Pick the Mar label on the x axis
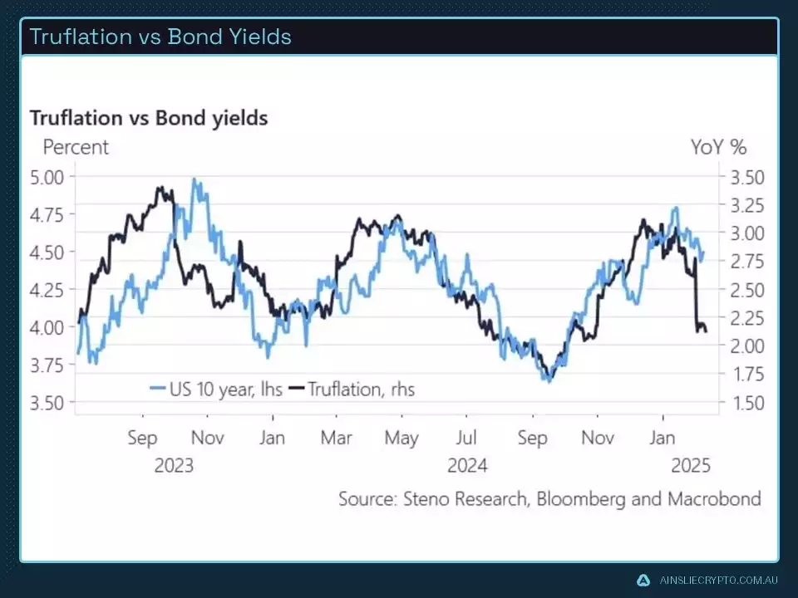[x=337, y=438]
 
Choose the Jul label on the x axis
[x=466, y=438]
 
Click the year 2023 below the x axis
[x=174, y=465]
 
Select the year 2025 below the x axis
[x=692, y=465]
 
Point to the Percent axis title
[x=76, y=148]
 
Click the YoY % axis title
[x=718, y=148]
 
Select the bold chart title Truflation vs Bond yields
[x=149, y=118]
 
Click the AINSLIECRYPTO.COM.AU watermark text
[x=718, y=581]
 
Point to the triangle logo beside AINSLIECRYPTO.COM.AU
[x=643, y=581]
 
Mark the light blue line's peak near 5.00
[x=195, y=179]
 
